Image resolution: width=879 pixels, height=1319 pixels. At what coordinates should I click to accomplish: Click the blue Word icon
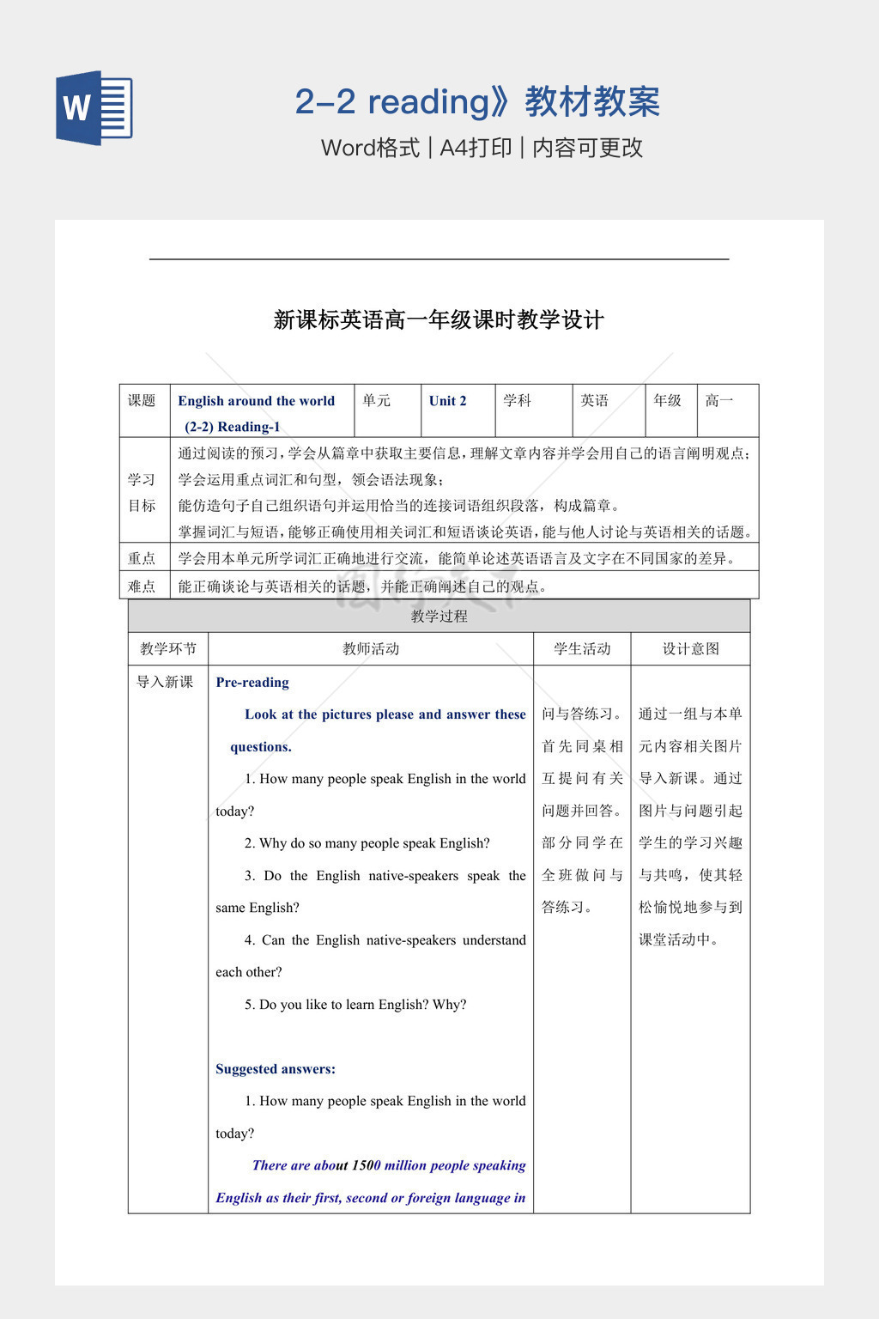(94, 107)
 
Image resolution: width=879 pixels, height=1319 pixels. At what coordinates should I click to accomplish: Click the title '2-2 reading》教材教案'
(477, 102)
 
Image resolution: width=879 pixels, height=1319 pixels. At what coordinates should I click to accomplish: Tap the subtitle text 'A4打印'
(475, 148)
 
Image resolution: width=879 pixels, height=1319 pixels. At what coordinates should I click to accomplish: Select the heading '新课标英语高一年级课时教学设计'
(439, 320)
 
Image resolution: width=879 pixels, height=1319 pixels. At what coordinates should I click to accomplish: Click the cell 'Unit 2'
(448, 401)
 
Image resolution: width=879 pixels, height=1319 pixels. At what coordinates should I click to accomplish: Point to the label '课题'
(142, 401)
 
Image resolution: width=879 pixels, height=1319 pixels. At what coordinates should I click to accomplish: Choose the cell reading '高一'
(719, 401)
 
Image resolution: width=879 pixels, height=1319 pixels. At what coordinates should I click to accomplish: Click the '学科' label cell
(517, 401)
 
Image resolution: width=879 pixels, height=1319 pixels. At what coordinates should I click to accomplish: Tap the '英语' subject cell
(594, 401)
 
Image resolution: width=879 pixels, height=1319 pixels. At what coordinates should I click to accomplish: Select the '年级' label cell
(667, 401)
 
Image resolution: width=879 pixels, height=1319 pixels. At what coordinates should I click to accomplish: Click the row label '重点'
(142, 559)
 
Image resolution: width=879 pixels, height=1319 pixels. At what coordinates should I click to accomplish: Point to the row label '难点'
(142, 587)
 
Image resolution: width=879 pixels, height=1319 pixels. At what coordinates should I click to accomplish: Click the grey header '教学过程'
(439, 617)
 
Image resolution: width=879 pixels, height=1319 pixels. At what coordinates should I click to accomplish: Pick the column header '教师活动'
(371, 649)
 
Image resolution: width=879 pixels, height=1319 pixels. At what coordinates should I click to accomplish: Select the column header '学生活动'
(582, 649)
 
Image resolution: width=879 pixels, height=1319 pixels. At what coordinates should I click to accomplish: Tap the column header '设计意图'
(690, 649)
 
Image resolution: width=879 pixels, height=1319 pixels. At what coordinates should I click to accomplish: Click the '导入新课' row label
(165, 682)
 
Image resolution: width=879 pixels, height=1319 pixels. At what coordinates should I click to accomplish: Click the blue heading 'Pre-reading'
(252, 683)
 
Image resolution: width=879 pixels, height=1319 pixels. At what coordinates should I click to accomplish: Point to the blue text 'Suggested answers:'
(276, 1069)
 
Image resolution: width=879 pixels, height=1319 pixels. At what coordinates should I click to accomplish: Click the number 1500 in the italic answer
(367, 1165)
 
